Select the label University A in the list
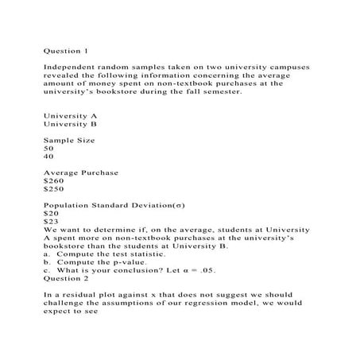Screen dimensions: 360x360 point(71,116)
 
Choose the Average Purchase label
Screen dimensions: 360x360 point(81,172)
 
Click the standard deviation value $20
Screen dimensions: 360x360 point(51,213)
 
